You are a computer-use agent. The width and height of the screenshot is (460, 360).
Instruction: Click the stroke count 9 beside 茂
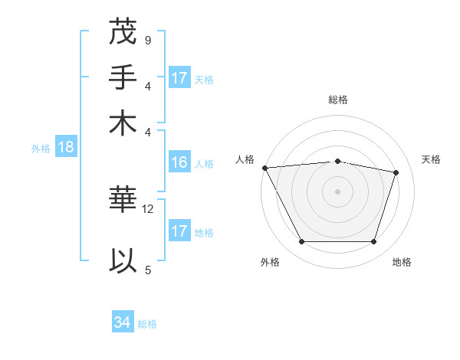tap(147, 40)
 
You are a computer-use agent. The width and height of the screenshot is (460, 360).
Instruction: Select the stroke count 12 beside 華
tap(148, 208)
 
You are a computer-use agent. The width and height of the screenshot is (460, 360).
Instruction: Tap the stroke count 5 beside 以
tap(147, 270)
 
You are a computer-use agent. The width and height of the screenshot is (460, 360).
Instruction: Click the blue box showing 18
tap(66, 148)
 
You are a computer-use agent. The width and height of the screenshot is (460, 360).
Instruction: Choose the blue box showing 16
tap(179, 162)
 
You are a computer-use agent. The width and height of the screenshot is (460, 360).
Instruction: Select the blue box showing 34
tap(123, 323)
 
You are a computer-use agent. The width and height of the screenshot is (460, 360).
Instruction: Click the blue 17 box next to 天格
tap(179, 78)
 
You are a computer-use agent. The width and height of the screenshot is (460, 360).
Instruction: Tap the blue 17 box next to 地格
tap(179, 231)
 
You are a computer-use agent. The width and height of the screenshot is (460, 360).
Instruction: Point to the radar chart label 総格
tap(338, 100)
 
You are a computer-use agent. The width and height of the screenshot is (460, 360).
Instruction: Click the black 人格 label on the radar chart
tap(245, 159)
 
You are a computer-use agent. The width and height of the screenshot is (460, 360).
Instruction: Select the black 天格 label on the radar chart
tap(431, 159)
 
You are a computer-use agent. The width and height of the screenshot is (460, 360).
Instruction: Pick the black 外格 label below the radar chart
tap(269, 263)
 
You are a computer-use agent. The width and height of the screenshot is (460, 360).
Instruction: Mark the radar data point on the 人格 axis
tap(264, 168)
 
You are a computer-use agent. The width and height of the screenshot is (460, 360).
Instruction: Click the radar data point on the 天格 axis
tap(396, 172)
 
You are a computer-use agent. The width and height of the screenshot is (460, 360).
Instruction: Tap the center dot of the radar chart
tap(338, 191)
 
